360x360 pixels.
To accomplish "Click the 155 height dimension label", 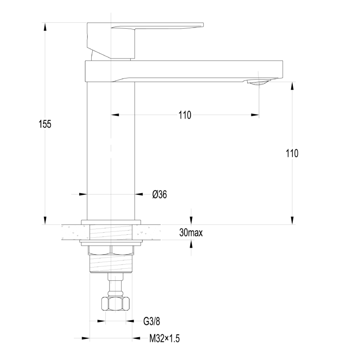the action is coord(45,124).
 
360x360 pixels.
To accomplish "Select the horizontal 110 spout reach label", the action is coord(185,115).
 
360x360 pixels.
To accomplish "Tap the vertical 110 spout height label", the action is coord(292,153).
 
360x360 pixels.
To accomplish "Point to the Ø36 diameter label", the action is coord(160,195).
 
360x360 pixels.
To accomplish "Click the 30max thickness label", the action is coord(191,233).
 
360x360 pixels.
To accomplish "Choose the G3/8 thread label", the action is coord(151,321).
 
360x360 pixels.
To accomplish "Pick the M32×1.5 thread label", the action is coord(164,338).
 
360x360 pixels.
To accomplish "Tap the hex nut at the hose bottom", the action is coord(115,304).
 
